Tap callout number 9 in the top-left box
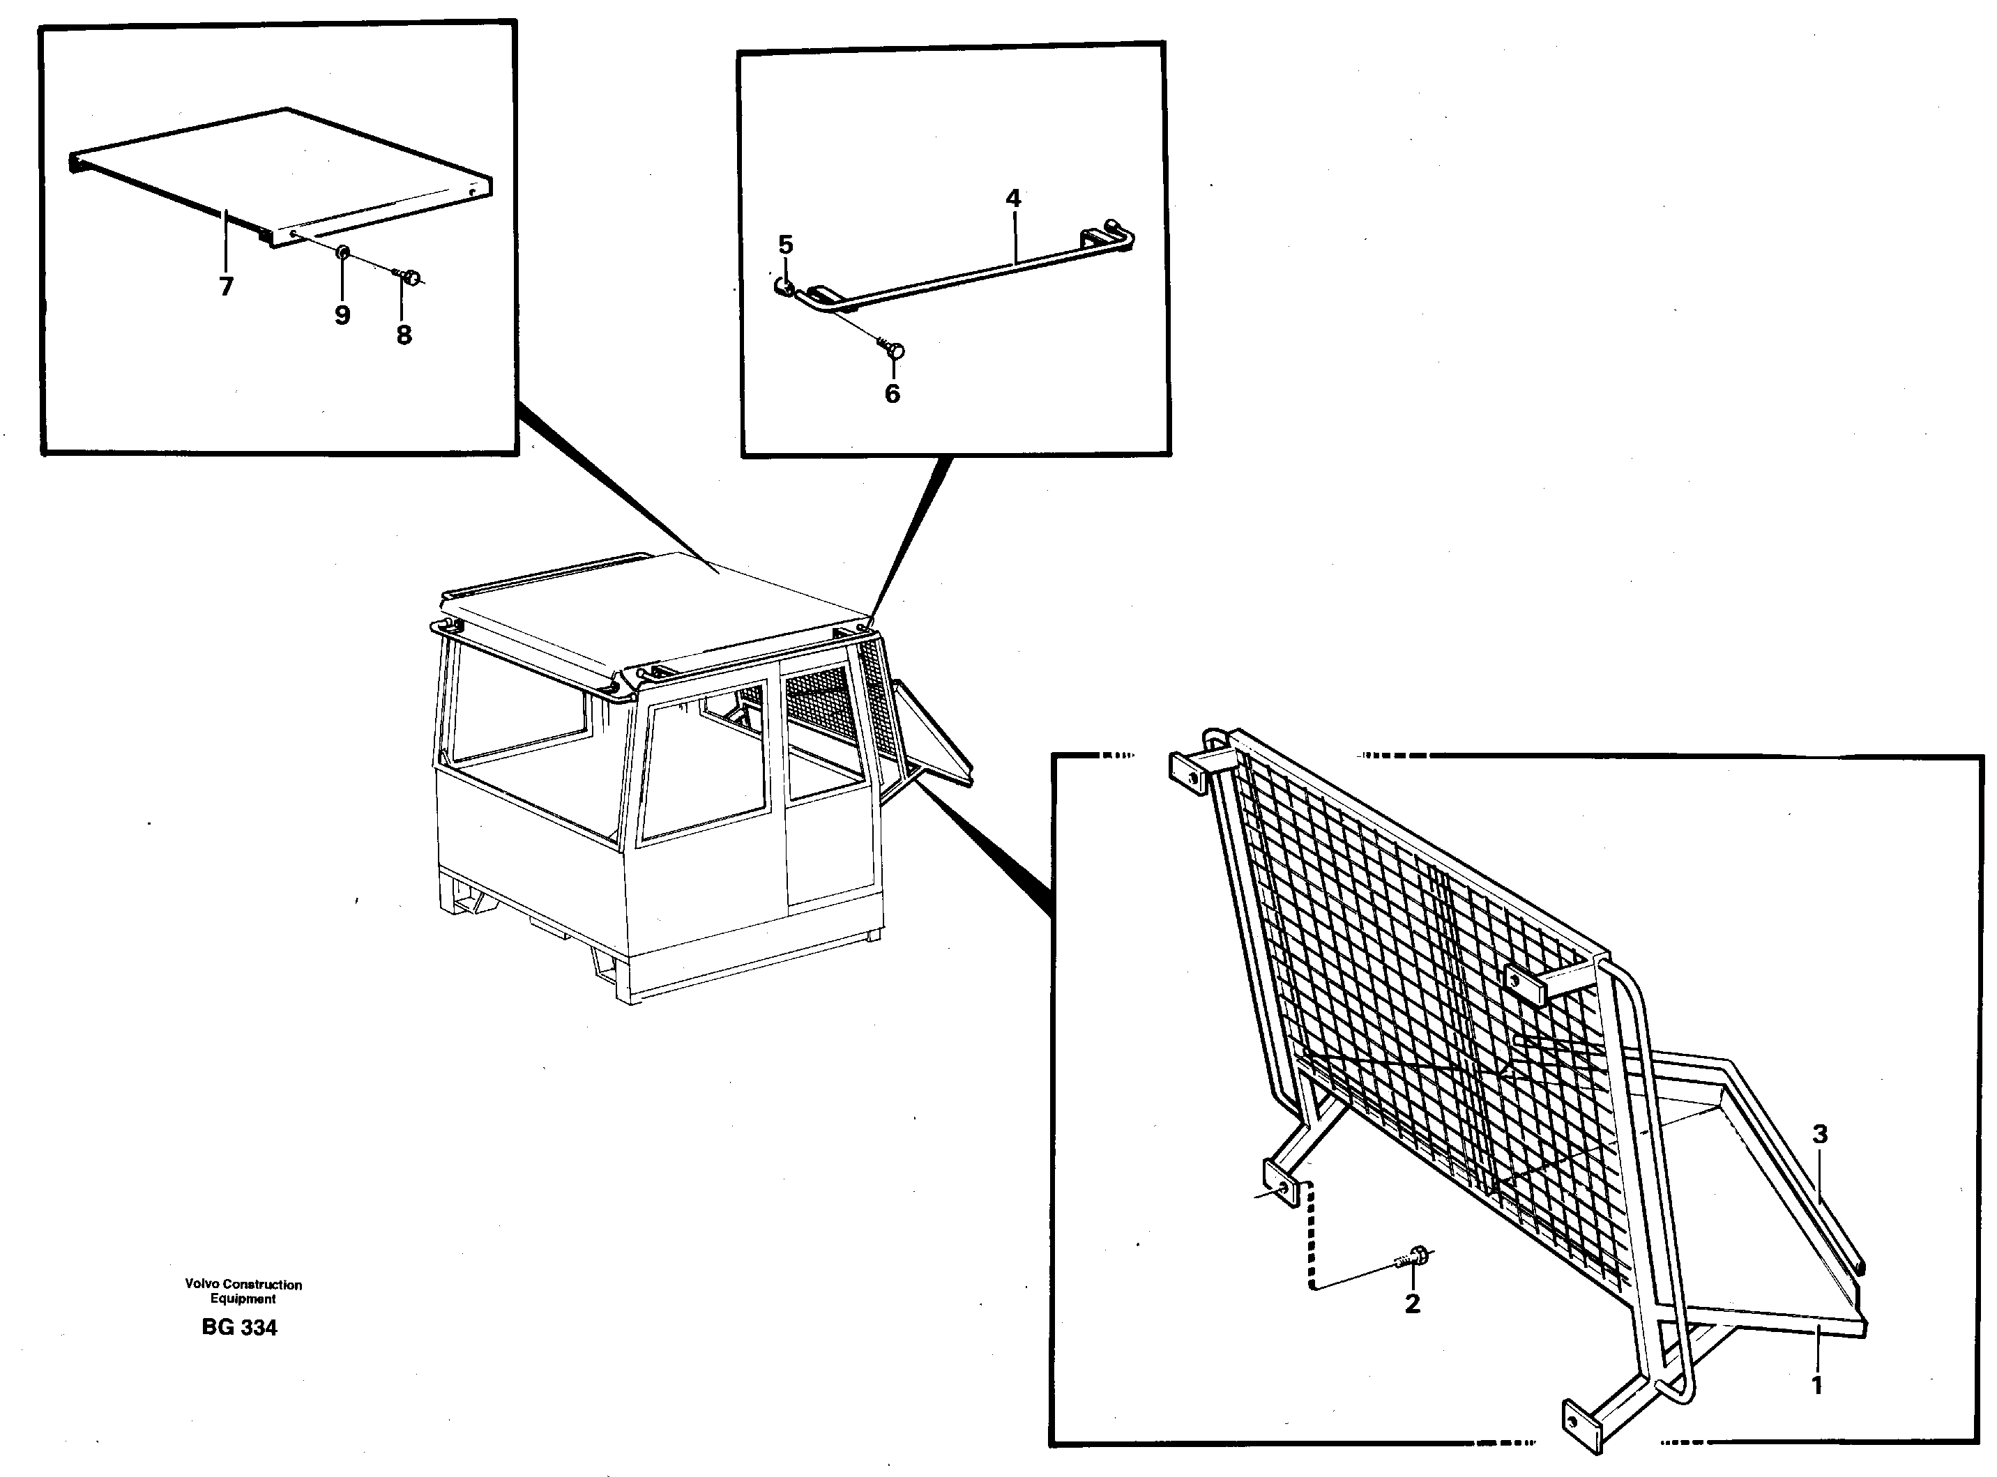342,315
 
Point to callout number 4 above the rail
1012,197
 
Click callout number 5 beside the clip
785,244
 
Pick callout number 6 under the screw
892,393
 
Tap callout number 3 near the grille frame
1819,1133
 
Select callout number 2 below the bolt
1412,1303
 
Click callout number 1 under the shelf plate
1816,1386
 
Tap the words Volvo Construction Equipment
243,1291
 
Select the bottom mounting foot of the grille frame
1580,1420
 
